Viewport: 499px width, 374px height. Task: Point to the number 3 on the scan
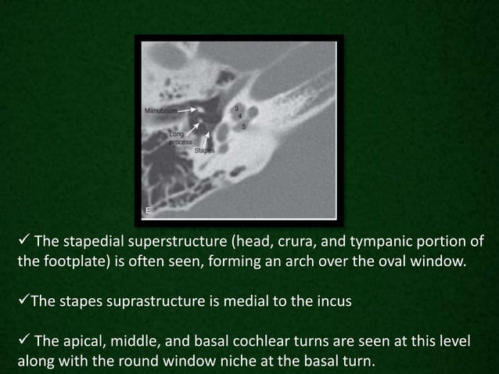(x=236, y=107)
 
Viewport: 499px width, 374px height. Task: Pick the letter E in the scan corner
(x=149, y=210)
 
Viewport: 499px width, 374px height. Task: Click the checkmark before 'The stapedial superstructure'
(x=23, y=240)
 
